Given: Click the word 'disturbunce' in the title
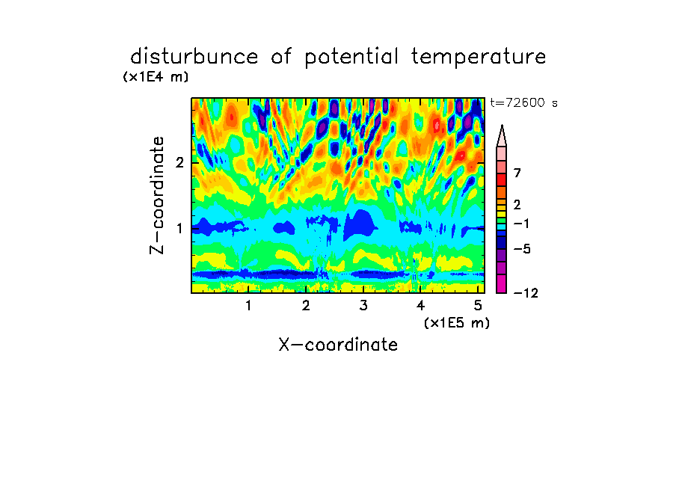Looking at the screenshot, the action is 194,56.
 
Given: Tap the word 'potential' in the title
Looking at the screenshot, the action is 351,57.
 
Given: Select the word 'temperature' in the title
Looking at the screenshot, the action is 478,57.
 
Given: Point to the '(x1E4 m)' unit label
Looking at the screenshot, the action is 156,77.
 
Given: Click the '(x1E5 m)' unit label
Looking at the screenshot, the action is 457,322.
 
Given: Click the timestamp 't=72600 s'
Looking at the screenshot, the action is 523,103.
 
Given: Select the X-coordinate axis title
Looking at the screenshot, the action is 338,345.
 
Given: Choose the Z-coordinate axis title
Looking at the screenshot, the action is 157,195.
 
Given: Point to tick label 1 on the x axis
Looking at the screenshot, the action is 248,306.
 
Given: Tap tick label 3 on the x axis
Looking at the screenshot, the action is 363,306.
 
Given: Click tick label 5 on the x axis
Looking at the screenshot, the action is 478,306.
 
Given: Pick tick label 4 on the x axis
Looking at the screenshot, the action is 420,306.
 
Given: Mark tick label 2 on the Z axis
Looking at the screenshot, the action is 179,162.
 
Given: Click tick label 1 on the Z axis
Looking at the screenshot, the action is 179,228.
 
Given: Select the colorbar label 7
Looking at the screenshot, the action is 517,173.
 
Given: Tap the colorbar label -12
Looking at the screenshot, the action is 526,293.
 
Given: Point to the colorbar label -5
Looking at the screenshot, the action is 522,249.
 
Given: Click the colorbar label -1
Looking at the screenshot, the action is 522,224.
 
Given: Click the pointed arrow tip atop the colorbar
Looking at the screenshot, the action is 502,125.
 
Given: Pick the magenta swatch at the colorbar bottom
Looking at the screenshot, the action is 502,283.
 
